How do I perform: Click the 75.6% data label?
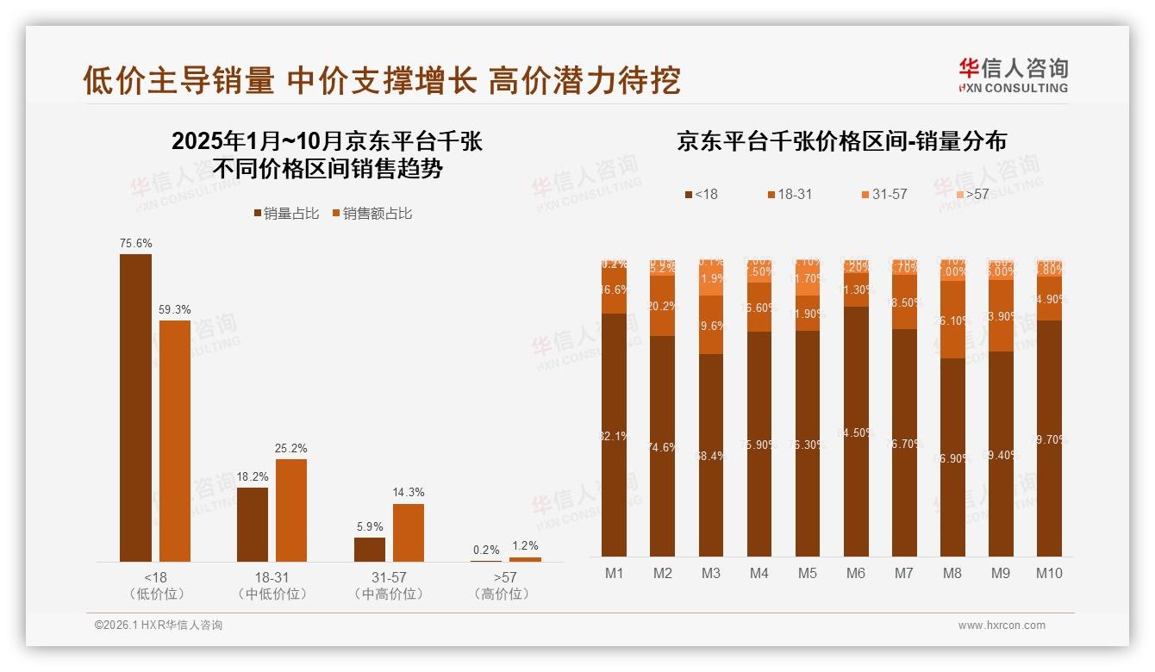coord(135,244)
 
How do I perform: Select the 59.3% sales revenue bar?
coord(175,440)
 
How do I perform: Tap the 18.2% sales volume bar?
coord(253,524)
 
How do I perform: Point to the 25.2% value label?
coord(291,449)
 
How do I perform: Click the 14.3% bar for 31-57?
coord(409,532)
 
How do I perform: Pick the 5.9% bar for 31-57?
coord(369,549)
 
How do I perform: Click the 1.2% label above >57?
coord(524,546)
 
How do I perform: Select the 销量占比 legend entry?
coord(286,214)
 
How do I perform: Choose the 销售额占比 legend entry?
coord(371,214)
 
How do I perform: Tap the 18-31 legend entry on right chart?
coord(789,195)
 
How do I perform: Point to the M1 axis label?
coord(614,574)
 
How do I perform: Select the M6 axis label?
coord(855,574)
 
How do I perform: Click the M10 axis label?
coord(1049,574)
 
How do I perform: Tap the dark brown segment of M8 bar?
coord(952,457)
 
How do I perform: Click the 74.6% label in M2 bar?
coord(662,448)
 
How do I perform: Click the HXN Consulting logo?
coord(1013,75)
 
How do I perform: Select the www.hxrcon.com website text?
coord(1002,625)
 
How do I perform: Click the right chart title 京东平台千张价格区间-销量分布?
coord(841,141)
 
